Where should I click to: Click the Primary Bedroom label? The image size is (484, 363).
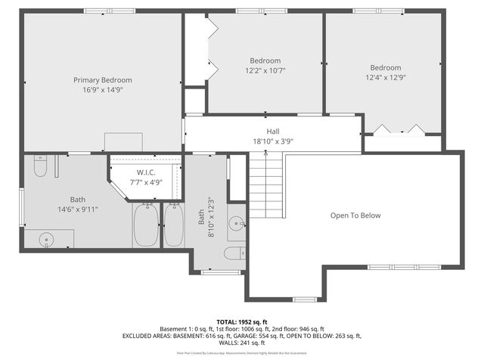coord(102,80)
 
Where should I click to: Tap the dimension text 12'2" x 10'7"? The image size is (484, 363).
coord(265,71)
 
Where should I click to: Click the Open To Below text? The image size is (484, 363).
coord(355,216)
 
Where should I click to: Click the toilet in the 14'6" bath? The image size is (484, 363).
coord(41,164)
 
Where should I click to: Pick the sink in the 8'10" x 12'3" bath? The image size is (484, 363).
coord(237,222)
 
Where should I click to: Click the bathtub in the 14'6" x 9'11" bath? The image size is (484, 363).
coord(145,225)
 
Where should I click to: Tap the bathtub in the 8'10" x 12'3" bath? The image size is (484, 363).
coord(172,225)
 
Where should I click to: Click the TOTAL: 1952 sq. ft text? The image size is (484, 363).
coord(241,321)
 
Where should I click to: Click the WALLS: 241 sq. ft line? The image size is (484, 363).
coord(241,343)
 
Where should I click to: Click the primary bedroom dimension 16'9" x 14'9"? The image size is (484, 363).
coord(102,89)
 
